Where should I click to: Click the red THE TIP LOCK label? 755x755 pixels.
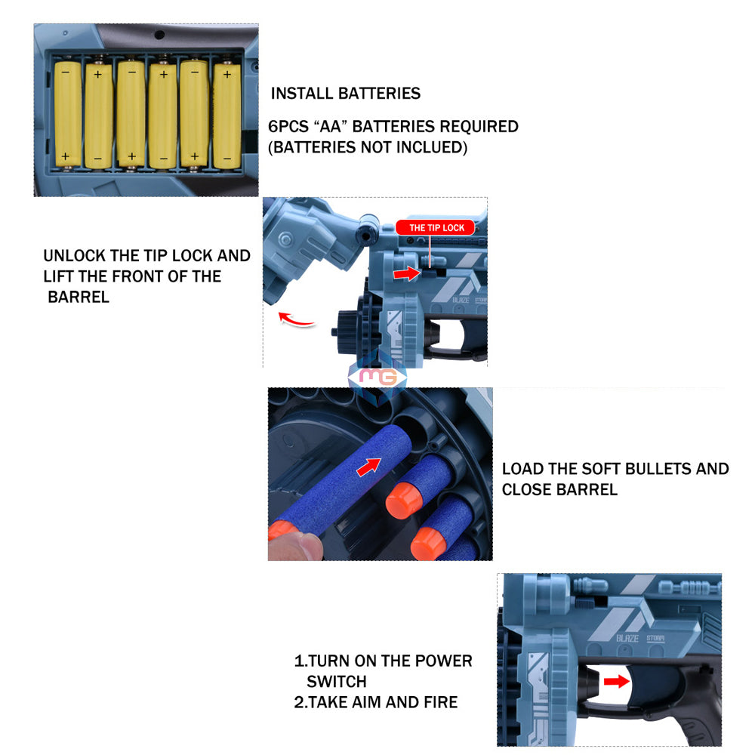436,227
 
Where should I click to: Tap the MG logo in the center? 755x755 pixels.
377,376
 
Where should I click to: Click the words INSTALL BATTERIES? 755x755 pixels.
346,94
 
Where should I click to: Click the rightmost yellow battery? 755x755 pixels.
226,116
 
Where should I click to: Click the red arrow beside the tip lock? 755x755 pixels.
406,273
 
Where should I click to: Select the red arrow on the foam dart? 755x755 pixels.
368,467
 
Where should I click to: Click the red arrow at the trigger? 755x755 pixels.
616,682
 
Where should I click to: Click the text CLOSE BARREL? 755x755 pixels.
559,489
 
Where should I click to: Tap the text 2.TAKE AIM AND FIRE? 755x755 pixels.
375,702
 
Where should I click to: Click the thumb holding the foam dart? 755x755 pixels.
294,543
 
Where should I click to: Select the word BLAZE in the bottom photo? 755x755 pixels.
627,638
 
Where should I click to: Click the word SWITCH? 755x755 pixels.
336,682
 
